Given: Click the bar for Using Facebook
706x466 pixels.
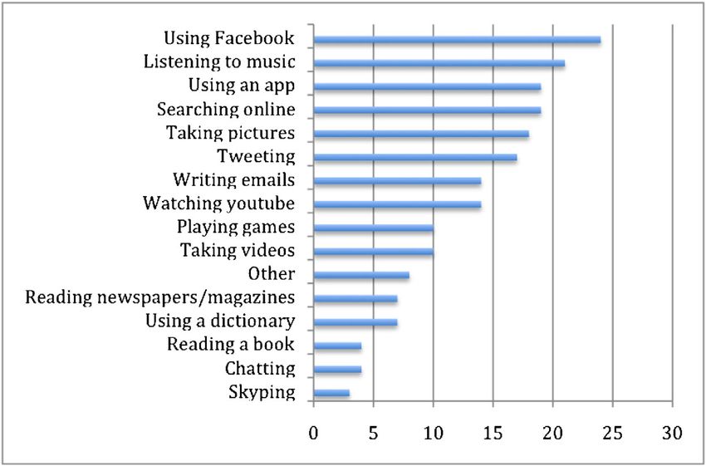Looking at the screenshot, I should pyautogui.click(x=457, y=39).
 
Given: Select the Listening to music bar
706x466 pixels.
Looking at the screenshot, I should pyautogui.click(x=439, y=63).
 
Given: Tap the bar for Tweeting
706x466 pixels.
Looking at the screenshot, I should pyautogui.click(x=414, y=157).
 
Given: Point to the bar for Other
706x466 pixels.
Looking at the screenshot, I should pyautogui.click(x=361, y=275).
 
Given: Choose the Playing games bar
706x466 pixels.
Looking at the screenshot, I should pyautogui.click(x=373, y=228).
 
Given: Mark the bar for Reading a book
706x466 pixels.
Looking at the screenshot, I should pyautogui.click(x=337, y=346).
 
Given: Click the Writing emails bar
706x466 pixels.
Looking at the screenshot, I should pyautogui.click(x=397, y=180).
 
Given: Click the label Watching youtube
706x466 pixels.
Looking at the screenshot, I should pyautogui.click(x=218, y=204).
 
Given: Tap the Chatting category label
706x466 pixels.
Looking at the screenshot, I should pyautogui.click(x=259, y=368).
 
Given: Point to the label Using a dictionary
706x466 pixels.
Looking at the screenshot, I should pyautogui.click(x=219, y=321).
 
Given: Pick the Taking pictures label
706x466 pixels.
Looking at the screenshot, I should pyautogui.click(x=230, y=133).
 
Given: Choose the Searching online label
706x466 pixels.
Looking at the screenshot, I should pyautogui.click(x=226, y=110).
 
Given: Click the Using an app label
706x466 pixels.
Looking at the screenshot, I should pyautogui.click(x=241, y=86).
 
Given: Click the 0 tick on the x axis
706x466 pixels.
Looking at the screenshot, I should pyautogui.click(x=313, y=433).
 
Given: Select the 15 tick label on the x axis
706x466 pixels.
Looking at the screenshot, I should pyautogui.click(x=493, y=433).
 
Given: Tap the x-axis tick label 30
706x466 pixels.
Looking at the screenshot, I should pyautogui.click(x=672, y=433).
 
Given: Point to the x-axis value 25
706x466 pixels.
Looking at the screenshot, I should pyautogui.click(x=612, y=433).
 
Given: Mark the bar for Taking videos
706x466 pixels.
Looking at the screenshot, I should pyautogui.click(x=373, y=251).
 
